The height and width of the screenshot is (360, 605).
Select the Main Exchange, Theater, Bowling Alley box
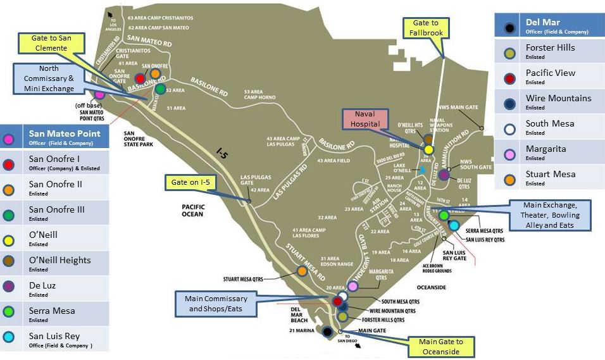(551, 215)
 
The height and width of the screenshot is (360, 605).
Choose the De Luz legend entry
(55, 289)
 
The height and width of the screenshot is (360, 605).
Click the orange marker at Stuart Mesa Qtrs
(302, 271)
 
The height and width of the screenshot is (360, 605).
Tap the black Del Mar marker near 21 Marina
(327, 332)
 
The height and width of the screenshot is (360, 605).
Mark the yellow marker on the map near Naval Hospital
(428, 150)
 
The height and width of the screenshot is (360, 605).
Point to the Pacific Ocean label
(192, 210)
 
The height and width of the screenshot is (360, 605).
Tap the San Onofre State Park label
(139, 139)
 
